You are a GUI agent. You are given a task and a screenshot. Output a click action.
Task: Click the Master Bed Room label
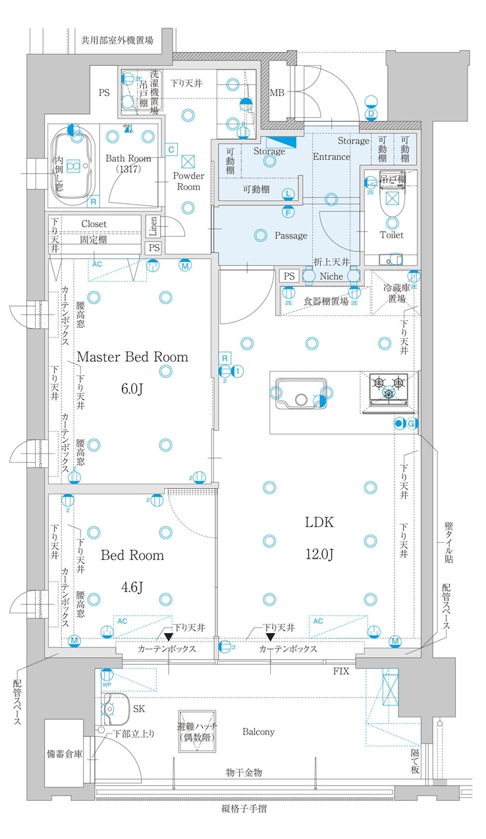pos(133,357)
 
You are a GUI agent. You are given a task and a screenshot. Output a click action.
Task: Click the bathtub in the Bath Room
pos(71,165)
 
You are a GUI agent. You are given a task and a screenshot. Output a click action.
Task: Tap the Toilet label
pos(392,234)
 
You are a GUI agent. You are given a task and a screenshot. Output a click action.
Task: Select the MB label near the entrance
pos(277,91)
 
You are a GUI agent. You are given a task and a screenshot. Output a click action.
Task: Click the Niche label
pos(331,276)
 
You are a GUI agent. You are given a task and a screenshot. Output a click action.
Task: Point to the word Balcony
pos(258,731)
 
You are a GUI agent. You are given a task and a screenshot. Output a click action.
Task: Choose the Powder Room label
pos(188,181)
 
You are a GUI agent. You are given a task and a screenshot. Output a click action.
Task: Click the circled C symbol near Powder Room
pos(171,149)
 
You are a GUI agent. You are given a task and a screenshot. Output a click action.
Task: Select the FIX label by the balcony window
pos(340,671)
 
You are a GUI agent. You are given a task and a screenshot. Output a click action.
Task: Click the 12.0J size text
pos(319,554)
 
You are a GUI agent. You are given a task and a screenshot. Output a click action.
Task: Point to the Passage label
pos(290,235)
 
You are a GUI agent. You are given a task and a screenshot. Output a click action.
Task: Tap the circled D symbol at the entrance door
pos(371,113)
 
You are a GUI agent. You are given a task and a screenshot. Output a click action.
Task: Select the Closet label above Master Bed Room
pos(94,224)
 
